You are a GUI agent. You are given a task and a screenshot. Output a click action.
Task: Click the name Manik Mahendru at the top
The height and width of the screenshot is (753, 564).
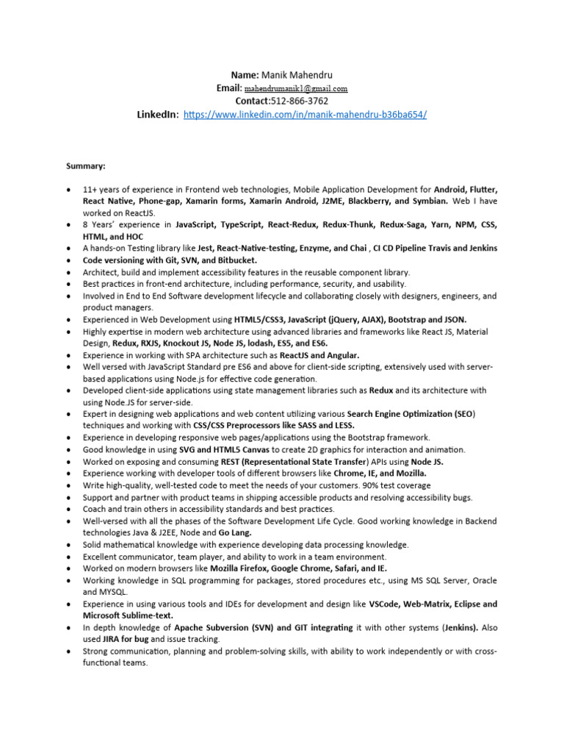click(292, 75)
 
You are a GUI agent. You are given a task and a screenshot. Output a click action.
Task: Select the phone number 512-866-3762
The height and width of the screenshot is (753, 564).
click(299, 101)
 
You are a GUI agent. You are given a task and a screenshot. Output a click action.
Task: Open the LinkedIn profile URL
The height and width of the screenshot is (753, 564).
click(304, 115)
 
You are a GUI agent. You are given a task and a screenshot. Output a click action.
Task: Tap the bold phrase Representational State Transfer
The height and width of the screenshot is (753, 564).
click(287, 461)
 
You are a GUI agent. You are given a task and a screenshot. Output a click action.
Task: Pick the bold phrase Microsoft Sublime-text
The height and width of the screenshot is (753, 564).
click(128, 615)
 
